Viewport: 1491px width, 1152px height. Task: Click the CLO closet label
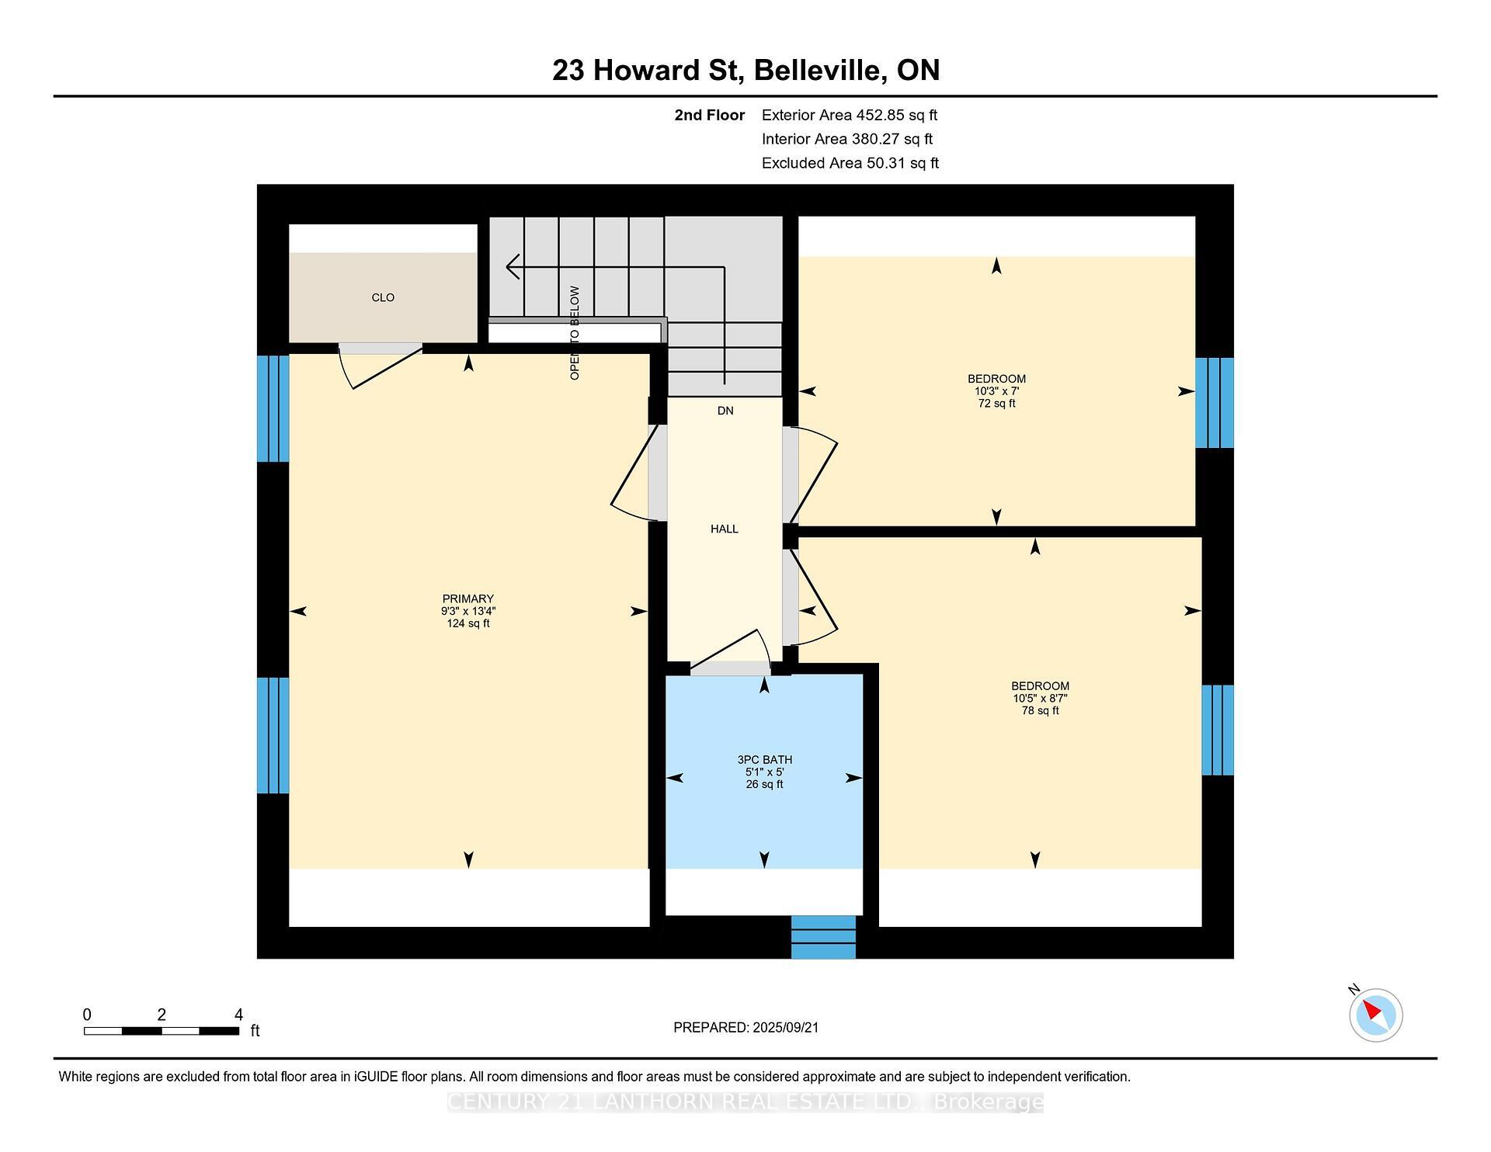point(383,298)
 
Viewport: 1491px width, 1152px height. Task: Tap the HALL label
point(724,529)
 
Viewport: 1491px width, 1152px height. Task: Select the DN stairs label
point(725,411)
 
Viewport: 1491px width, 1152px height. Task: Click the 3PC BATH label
point(764,760)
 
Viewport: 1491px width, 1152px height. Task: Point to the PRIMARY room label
point(467,599)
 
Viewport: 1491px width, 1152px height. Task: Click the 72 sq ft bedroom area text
point(996,404)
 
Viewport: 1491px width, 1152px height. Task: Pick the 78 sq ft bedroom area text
point(1040,710)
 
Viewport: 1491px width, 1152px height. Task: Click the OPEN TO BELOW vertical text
point(575,333)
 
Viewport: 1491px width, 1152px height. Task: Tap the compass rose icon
point(1375,1015)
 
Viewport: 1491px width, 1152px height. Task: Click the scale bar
point(161,1031)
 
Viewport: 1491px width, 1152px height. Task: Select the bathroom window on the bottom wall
point(823,937)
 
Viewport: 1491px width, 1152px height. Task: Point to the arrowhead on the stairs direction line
point(512,267)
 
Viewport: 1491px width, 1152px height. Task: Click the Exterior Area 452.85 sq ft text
point(849,115)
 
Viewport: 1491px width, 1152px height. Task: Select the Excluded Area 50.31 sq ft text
point(850,163)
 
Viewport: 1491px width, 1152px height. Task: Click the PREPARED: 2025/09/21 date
point(745,1028)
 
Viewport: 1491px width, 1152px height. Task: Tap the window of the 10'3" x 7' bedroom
point(1214,403)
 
